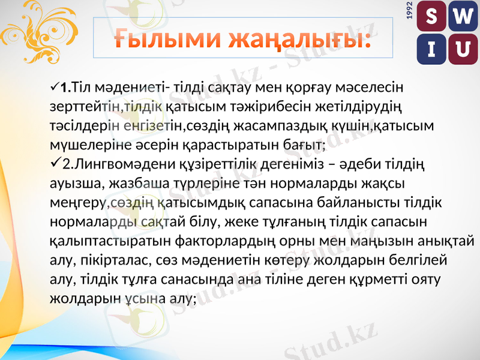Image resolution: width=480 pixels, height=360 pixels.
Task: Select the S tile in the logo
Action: coord(431,19)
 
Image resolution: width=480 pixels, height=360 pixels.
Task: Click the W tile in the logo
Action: coord(462,19)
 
